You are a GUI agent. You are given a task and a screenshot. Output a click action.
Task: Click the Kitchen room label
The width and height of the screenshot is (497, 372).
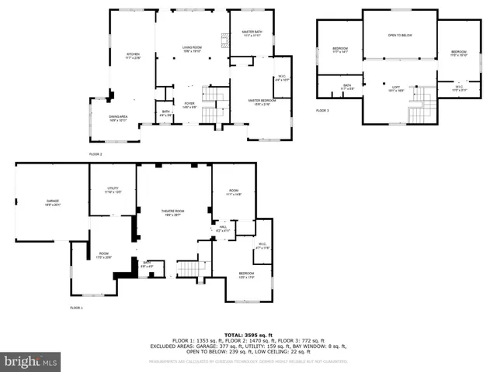[133, 55]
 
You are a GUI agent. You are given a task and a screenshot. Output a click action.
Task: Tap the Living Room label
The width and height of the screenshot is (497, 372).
[192, 49]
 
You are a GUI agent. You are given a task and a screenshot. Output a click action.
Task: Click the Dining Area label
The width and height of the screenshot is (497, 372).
[118, 119]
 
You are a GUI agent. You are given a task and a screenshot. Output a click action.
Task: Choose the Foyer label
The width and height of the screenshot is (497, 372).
[189, 105]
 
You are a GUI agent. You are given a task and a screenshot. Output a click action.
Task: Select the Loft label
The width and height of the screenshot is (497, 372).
[395, 88]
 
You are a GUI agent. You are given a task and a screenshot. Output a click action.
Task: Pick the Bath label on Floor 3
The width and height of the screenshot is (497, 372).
[347, 87]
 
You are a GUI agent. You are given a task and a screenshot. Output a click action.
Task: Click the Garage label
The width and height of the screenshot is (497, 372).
[52, 202]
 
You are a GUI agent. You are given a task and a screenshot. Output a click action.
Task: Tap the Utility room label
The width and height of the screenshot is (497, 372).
[113, 191]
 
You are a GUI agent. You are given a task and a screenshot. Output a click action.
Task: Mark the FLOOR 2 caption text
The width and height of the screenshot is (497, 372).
[96, 154]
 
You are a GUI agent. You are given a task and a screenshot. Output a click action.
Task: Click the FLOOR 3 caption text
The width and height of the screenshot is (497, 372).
[322, 111]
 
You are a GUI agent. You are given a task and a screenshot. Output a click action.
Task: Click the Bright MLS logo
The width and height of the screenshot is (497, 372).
[31, 361]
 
